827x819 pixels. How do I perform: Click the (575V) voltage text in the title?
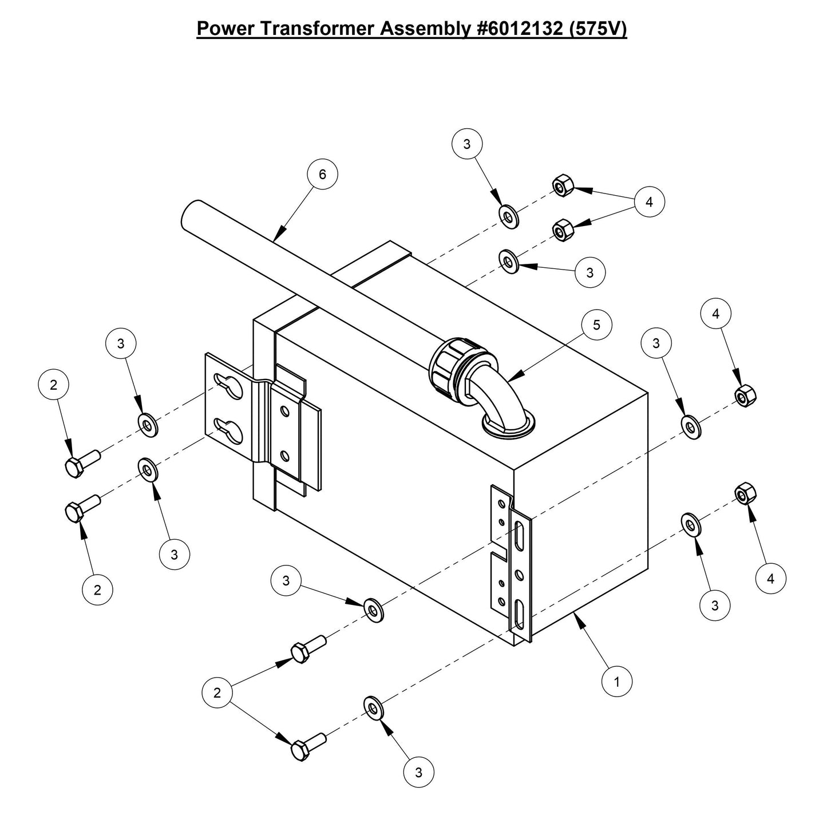pyautogui.click(x=599, y=29)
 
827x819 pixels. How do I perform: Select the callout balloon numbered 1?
pyautogui.click(x=616, y=682)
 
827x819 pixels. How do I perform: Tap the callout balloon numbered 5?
pyautogui.click(x=597, y=325)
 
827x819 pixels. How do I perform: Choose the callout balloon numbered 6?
pyautogui.click(x=322, y=174)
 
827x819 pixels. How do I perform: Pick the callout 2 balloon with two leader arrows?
pyautogui.click(x=217, y=693)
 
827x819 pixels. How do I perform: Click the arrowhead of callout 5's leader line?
pyautogui.click(x=511, y=378)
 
